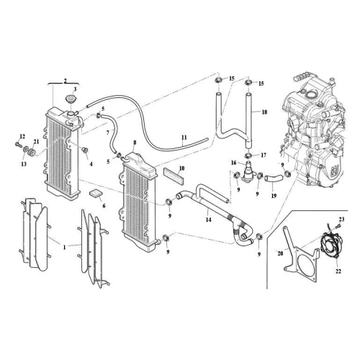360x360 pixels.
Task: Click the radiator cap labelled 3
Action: (71, 99)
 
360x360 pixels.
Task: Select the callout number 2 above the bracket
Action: (65, 81)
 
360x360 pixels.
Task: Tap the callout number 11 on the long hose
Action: (184, 138)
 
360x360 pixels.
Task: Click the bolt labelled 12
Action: (17, 144)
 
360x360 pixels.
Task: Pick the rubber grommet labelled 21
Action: (32, 153)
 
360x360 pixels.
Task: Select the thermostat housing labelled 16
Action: (248, 171)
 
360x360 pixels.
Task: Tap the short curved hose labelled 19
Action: (274, 179)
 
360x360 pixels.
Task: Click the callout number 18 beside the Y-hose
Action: (264, 112)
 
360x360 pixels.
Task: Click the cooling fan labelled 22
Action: (330, 245)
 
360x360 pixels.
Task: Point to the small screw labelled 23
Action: (338, 226)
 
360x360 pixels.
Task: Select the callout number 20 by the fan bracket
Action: (280, 253)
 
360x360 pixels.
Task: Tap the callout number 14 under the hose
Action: (209, 220)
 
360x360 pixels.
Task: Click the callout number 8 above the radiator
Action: (135, 143)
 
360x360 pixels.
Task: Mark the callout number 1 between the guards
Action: (64, 247)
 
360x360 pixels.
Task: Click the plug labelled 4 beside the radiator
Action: (85, 150)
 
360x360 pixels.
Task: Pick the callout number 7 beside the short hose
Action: (107, 132)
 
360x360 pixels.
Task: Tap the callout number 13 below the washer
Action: (24, 164)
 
